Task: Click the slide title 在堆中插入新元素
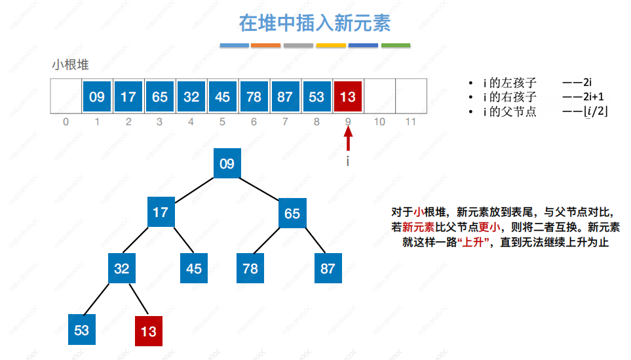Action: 315,24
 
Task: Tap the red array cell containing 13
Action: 348,96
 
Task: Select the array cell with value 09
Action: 97,96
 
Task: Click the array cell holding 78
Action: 254,96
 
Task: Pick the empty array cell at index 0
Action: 66,96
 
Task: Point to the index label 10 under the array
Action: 379,122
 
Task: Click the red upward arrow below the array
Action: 348,139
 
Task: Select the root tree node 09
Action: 227,164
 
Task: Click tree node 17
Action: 161,212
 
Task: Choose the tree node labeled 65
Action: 292,214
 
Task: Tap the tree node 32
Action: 122,268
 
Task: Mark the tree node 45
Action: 194,268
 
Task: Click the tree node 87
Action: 328,269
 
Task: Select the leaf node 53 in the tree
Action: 82,329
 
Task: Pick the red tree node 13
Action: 149,331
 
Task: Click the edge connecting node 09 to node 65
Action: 260,189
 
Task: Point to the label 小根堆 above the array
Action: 70,65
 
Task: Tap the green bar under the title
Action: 396,46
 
